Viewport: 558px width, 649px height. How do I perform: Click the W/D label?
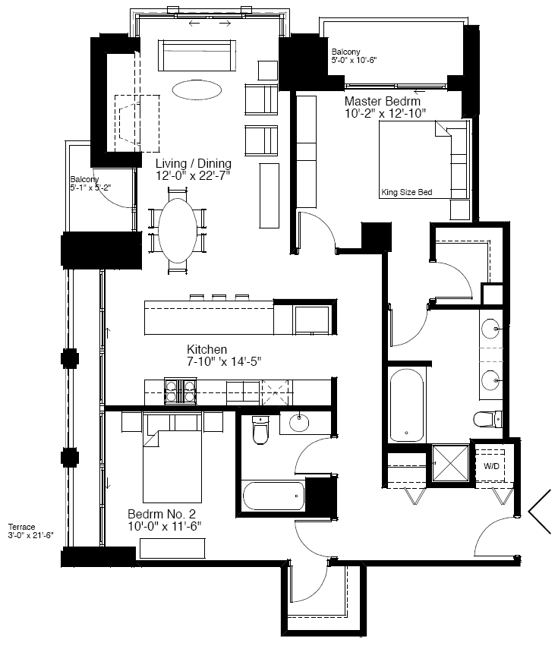click(x=491, y=466)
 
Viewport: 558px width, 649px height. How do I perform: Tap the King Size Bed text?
click(x=406, y=192)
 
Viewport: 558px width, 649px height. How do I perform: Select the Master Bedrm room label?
click(x=383, y=101)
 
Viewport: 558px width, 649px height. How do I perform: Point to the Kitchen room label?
click(x=206, y=349)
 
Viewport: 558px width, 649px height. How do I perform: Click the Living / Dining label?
click(x=194, y=163)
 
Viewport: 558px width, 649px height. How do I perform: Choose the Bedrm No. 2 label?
click(x=162, y=514)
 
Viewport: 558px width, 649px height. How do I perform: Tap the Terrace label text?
click(x=21, y=527)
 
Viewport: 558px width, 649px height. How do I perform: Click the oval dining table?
click(x=178, y=231)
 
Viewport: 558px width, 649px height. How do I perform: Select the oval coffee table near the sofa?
click(x=197, y=90)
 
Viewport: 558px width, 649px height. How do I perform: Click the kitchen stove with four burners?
click(x=180, y=392)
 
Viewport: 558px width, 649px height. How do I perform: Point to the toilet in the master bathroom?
click(x=487, y=419)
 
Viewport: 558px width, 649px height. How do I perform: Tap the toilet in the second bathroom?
click(x=260, y=430)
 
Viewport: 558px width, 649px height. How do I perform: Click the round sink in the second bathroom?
click(x=299, y=423)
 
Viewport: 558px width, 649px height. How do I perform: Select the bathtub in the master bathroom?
click(x=406, y=405)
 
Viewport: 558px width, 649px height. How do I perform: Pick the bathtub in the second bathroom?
click(x=273, y=496)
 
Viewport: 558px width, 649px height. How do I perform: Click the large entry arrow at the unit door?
click(x=538, y=512)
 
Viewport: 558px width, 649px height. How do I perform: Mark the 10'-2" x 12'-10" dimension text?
click(x=386, y=113)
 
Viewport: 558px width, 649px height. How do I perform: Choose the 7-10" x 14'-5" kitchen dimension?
click(x=224, y=361)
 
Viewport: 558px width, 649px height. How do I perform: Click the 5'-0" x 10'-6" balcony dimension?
click(x=354, y=60)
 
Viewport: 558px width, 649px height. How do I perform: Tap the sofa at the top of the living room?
click(x=197, y=55)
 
